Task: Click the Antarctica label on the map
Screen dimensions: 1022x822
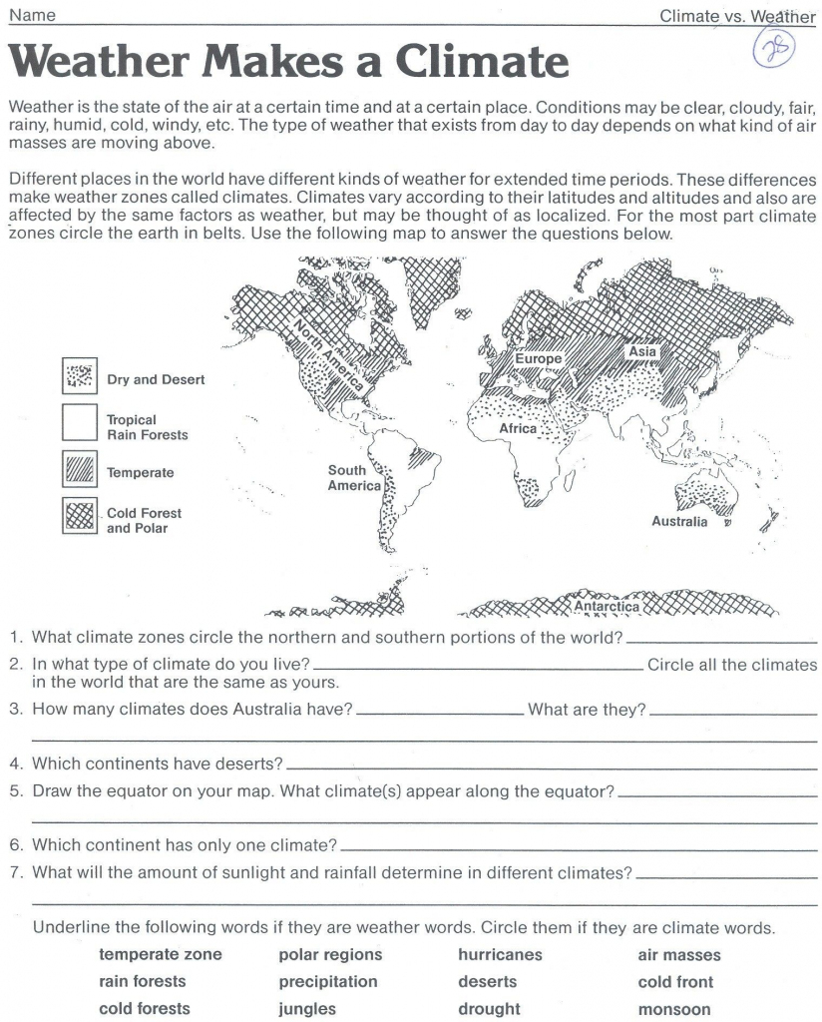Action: (x=607, y=606)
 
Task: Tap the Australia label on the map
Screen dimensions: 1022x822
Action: (x=679, y=521)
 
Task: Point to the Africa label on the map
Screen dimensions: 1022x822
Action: (x=519, y=428)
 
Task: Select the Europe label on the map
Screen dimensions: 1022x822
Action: (x=539, y=358)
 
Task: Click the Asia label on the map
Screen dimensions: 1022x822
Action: (x=642, y=351)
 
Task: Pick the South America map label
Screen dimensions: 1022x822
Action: (x=354, y=478)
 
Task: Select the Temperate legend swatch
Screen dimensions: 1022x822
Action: (x=79, y=472)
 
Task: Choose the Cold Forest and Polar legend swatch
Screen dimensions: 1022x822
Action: (x=79, y=517)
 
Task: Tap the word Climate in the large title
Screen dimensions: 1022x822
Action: (x=484, y=63)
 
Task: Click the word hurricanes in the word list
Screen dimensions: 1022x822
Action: (x=500, y=955)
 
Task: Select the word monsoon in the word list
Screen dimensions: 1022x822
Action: (x=674, y=1009)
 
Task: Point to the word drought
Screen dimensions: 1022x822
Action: (x=489, y=1009)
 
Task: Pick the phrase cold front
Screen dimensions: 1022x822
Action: (x=675, y=982)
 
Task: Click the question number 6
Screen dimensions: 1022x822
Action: (x=16, y=845)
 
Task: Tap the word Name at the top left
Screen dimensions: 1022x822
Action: (x=31, y=15)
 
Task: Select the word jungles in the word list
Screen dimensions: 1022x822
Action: (x=307, y=1009)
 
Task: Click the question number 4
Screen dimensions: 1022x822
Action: (x=16, y=764)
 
